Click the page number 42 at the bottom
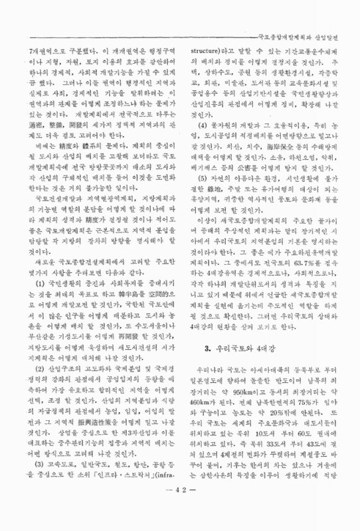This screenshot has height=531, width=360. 180,509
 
